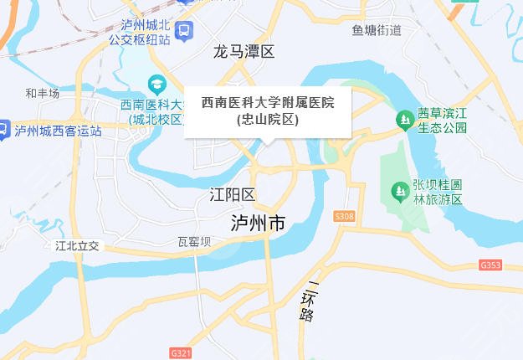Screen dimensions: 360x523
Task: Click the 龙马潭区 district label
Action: (244, 52)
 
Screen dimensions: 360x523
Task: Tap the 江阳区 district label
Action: (232, 195)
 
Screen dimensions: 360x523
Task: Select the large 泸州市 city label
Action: (259, 224)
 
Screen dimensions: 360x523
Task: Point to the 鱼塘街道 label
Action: (377, 31)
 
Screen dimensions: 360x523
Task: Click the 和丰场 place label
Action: (42, 94)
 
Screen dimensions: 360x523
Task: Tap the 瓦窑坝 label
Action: (194, 242)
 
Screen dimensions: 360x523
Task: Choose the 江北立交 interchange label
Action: (77, 245)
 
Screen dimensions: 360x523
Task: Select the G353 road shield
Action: (491, 265)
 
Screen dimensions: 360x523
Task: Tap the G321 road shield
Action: (180, 353)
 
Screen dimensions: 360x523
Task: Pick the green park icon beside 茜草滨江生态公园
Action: (405, 121)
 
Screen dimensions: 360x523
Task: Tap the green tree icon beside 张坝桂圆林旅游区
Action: (400, 192)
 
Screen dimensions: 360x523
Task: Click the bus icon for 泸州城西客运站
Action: (4, 130)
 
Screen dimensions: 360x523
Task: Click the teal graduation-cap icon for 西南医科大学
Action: (156, 85)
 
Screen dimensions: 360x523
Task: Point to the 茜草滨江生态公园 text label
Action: (442, 121)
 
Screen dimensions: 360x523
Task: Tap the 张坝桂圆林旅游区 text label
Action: (438, 192)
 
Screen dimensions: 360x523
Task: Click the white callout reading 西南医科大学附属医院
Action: (268, 111)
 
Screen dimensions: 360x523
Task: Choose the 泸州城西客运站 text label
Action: (59, 131)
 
